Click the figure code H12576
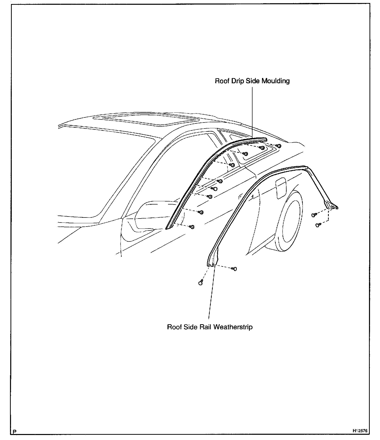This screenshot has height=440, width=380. pos(360,431)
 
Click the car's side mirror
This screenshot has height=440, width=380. pos(150,215)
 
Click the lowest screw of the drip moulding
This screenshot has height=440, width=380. pos(192,227)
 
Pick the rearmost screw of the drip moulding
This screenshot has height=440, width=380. pos(278,146)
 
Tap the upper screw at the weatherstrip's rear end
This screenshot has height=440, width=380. pos(314,215)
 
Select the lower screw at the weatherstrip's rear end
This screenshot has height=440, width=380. pos(318,225)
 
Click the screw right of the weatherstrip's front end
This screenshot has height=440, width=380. pos(234,269)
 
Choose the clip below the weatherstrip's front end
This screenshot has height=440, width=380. pos(200,283)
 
